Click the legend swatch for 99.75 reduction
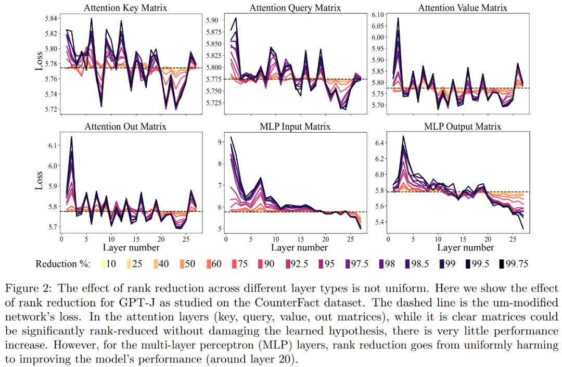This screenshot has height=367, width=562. (504, 264)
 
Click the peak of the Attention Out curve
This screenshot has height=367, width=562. (71, 137)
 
